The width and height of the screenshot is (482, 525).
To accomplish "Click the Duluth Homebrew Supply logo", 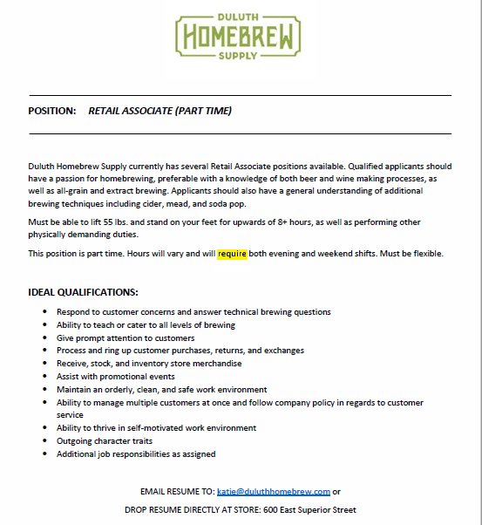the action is tap(241, 37).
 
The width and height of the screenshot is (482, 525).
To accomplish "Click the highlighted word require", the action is tap(233, 254).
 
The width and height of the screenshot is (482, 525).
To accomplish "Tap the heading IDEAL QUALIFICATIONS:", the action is tap(84, 292).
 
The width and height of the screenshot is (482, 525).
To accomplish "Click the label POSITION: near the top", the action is tap(52, 112).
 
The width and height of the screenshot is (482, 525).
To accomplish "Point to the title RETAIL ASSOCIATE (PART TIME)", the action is tap(160, 112).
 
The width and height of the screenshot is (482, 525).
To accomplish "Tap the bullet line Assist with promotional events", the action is tap(116, 377).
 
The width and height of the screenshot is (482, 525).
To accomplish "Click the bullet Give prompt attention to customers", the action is tap(126, 337).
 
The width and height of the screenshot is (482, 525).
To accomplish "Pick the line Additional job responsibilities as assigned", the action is tap(136, 454).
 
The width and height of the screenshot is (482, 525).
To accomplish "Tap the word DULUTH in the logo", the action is tap(241, 17).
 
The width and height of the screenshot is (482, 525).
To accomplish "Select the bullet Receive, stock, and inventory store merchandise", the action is tap(149, 364).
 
